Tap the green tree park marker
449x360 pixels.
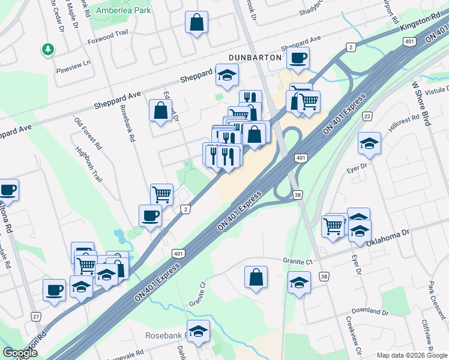[x=47, y=50]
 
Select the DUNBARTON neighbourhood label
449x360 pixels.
[x=255, y=57]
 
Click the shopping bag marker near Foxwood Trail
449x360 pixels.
[x=196, y=23]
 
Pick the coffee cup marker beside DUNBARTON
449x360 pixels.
[x=298, y=59]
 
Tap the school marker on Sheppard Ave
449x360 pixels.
[x=227, y=76]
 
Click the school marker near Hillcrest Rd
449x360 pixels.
[x=369, y=144]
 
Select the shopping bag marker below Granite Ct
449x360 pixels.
[x=256, y=278]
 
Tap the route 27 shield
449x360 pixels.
[x=36, y=316]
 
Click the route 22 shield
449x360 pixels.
[x=367, y=116]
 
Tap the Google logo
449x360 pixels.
[x=20, y=352]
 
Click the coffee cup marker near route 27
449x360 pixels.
[x=54, y=290]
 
